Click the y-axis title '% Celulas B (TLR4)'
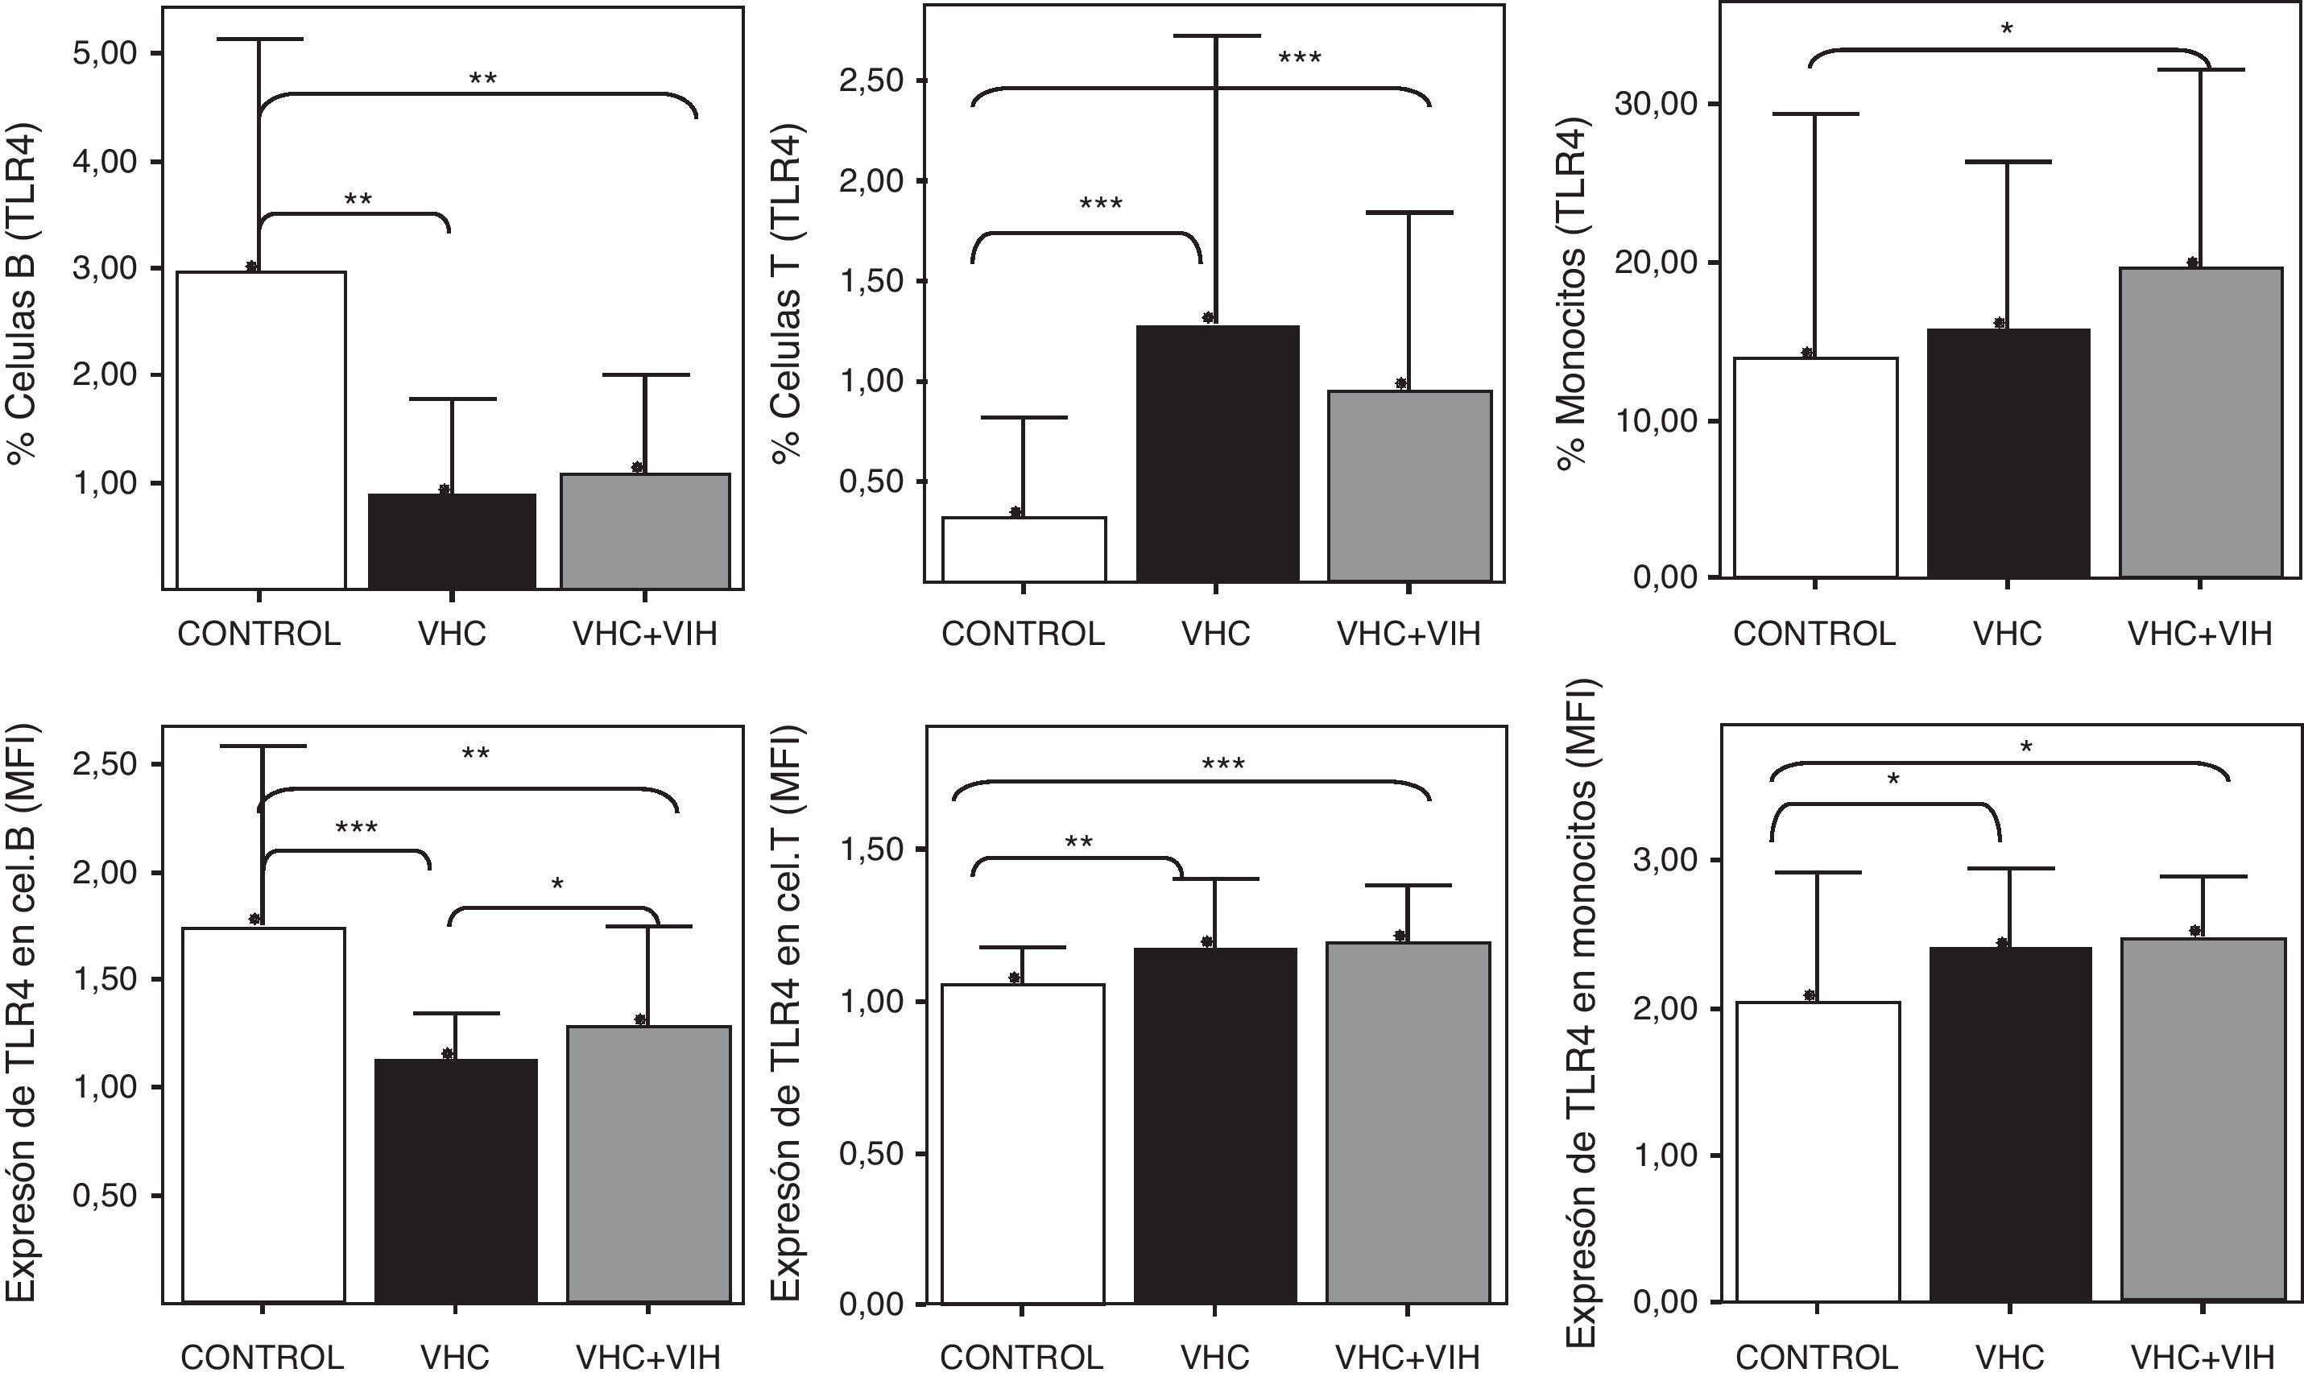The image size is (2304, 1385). [23, 294]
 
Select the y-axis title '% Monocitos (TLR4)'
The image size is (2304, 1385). [1574, 294]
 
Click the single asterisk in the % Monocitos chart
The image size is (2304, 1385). [2006, 29]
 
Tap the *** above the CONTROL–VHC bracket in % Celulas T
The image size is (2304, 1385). [1100, 204]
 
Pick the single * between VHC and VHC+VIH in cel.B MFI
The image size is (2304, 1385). [557, 883]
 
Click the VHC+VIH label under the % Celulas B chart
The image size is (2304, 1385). [645, 635]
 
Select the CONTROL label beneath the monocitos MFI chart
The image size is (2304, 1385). [1816, 1357]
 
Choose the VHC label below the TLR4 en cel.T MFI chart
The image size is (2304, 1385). [1215, 1357]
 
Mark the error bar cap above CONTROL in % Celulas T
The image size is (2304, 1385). [1024, 417]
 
